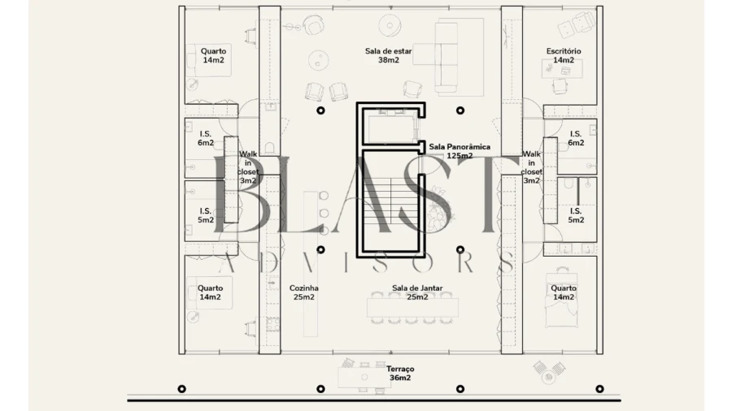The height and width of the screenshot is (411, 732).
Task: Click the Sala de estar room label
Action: pos(389,55)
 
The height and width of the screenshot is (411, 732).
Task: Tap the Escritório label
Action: pos(564,55)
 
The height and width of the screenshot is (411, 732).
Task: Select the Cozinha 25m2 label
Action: pos(304,292)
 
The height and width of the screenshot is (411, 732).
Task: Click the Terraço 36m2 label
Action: pos(400,374)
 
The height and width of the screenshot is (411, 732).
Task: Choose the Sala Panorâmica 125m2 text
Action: pos(460,151)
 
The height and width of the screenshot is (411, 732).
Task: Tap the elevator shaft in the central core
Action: pos(391,127)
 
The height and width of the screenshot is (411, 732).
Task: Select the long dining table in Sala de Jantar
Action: pos(412,308)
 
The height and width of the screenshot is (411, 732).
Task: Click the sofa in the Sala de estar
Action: pos(446,58)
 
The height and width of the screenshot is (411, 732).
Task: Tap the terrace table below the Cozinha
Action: pos(364,377)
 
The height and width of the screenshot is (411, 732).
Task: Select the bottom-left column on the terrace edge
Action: pos(182,388)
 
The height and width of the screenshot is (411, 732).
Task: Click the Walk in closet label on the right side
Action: pos(531,167)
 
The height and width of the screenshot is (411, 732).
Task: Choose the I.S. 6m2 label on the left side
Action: pos(206,138)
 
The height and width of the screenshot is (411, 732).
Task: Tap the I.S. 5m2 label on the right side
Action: pos(576,215)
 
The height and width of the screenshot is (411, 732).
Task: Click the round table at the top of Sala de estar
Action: pos(390,26)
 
